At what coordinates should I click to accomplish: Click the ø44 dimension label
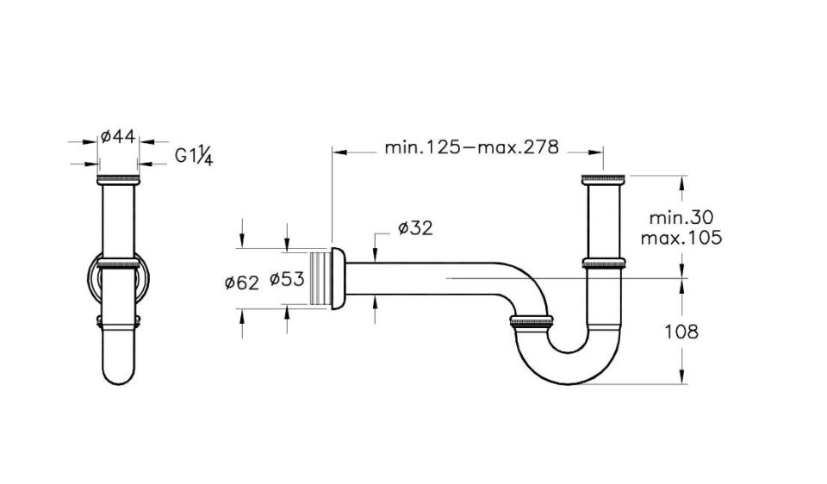tap(118, 135)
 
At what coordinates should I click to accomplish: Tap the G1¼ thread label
tap(194, 156)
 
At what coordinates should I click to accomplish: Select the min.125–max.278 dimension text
tap(471, 147)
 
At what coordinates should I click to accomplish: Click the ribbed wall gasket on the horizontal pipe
tap(320, 277)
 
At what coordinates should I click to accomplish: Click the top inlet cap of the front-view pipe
tap(119, 179)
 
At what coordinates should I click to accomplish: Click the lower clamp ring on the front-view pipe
tap(119, 323)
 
